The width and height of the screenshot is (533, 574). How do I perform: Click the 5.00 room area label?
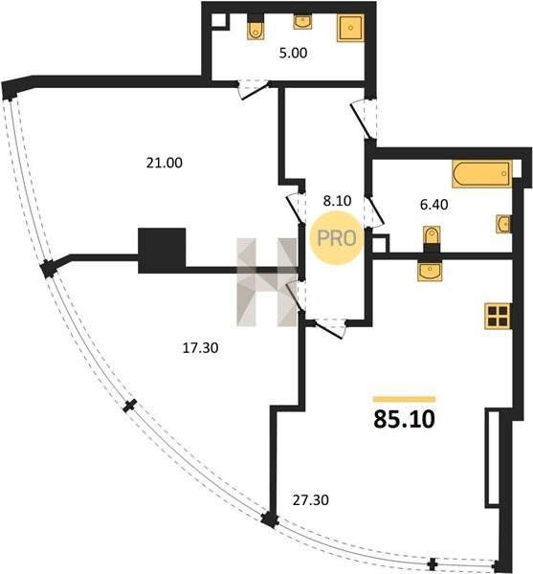pos(293,53)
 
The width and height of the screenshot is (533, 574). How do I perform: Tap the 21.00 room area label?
pos(165,163)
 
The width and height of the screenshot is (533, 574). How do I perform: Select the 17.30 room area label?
pos(200,347)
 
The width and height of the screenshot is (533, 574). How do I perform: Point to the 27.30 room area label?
pos(311,499)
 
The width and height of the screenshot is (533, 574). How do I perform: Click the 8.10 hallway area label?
pos(337,201)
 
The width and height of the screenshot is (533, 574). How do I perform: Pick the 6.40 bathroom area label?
pos(433,205)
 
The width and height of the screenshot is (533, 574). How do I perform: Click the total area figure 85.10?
pos(404,419)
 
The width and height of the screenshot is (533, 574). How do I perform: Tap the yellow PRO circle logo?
pos(337,238)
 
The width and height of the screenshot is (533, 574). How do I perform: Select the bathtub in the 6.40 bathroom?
pos(482,174)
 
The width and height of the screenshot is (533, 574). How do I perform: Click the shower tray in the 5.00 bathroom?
pos(350,28)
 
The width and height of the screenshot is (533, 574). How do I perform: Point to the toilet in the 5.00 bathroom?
pos(255,27)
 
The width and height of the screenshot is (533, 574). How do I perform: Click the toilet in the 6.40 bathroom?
pos(432,238)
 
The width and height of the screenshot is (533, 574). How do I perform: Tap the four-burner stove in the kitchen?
pos(498,317)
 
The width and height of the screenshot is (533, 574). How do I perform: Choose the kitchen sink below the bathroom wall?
pos(430,271)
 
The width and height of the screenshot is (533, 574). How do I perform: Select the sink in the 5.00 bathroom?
pos(302,22)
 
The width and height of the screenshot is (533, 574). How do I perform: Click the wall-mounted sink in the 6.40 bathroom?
pos(504,224)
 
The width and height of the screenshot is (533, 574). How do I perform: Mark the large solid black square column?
pos(162,251)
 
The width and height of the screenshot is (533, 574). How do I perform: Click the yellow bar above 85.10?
pos(404,399)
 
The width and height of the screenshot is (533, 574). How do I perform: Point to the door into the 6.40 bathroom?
pos(374,211)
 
